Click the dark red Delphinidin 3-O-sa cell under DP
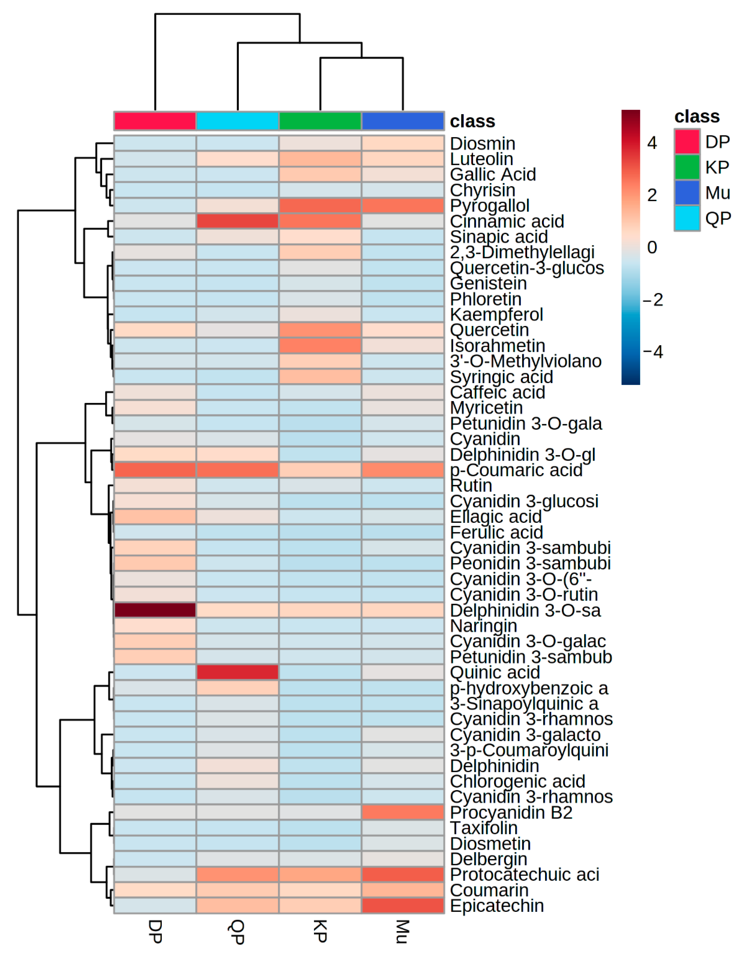(155, 610)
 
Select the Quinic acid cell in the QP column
(238, 672)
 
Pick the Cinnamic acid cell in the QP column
(238, 221)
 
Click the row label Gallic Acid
(493, 175)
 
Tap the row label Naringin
(483, 626)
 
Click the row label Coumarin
(489, 890)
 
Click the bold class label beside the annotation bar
(473, 122)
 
